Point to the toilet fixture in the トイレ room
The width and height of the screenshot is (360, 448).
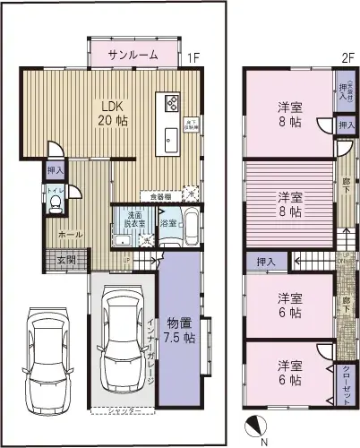[55, 205]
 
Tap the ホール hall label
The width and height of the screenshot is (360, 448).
[47, 235]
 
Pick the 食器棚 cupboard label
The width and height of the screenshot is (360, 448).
[161, 194]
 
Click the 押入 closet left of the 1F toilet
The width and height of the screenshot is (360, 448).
[55, 169]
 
